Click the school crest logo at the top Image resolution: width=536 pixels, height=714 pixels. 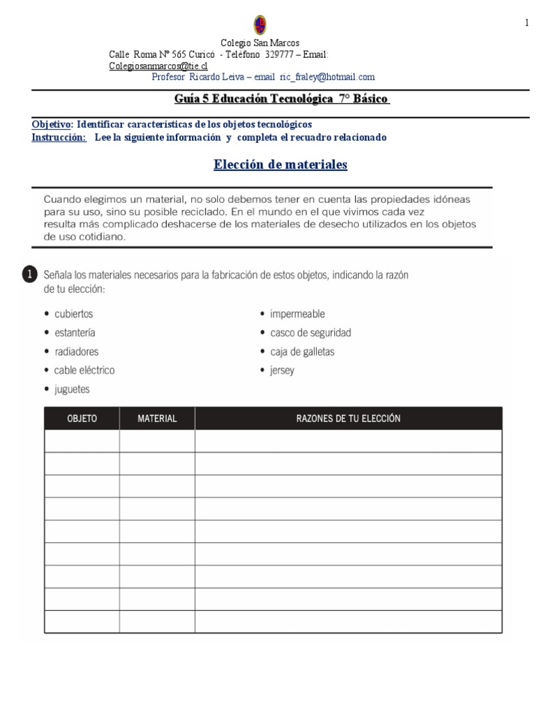[260, 25]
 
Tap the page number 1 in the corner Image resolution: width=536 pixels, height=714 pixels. [526, 24]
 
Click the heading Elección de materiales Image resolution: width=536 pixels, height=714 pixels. [280, 165]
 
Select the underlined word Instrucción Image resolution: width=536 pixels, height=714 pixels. [59, 137]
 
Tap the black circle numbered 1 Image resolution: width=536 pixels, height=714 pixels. [29, 275]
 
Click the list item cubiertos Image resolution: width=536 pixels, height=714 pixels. [73, 314]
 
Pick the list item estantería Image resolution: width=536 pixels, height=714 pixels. [75, 333]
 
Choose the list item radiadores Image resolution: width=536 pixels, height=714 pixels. [76, 351]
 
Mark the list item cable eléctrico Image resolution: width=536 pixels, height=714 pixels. [84, 370]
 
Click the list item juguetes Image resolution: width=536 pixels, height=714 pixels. [72, 389]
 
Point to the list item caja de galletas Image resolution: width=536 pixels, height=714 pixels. [302, 351]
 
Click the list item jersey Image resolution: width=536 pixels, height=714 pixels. [282, 370]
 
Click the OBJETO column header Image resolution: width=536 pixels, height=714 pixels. [82, 419]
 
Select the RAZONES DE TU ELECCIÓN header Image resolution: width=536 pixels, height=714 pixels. [348, 419]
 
